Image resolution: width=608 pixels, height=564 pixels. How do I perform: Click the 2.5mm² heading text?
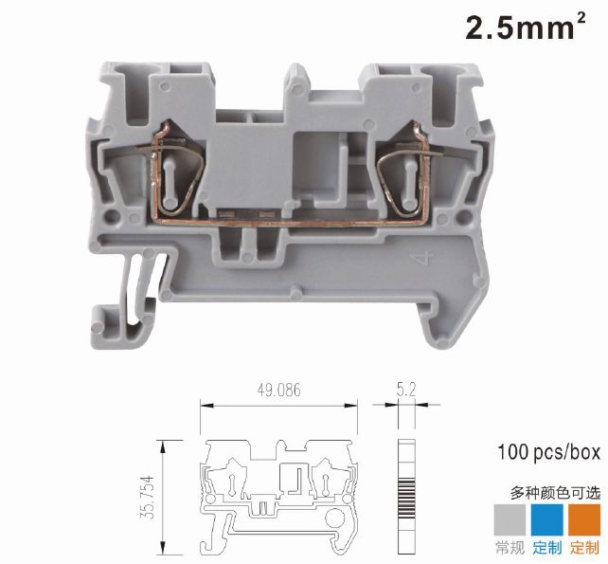pos(526,27)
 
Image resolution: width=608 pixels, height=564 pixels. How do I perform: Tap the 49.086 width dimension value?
pos(278,391)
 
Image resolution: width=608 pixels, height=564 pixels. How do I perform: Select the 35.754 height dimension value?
pos(148,498)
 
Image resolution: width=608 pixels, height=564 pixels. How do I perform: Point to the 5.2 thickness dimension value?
pos(406,390)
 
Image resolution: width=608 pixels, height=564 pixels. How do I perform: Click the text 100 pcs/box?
pos(548,452)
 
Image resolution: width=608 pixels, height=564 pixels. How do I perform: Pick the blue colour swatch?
pos(546,519)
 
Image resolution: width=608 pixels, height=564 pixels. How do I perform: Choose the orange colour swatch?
pos(584,519)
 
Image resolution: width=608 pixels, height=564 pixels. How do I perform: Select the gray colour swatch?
pos(510,519)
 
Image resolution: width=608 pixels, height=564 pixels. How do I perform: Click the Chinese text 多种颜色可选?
pos(555,493)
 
